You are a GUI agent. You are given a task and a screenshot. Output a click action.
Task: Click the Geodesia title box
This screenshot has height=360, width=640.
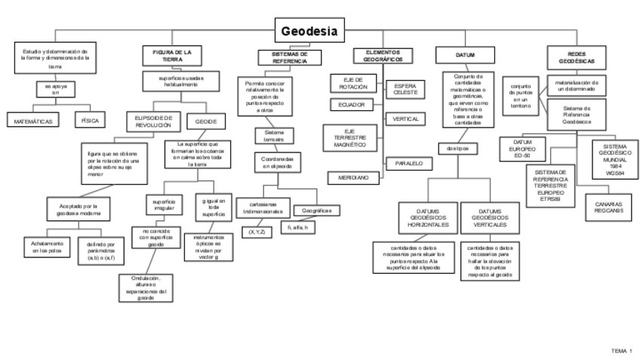pyautogui.click(x=309, y=31)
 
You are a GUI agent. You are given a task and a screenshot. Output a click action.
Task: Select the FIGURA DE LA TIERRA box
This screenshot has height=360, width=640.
pyautogui.click(x=172, y=56)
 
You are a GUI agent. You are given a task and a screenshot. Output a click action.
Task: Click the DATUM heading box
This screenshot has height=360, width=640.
pyautogui.click(x=466, y=55)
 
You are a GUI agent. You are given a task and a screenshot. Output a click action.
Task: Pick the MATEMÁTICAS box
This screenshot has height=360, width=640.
pyautogui.click(x=33, y=120)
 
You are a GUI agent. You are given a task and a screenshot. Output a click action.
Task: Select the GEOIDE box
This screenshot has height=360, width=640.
pyautogui.click(x=206, y=122)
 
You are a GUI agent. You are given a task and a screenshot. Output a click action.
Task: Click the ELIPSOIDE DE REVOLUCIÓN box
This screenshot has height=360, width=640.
pyautogui.click(x=153, y=121)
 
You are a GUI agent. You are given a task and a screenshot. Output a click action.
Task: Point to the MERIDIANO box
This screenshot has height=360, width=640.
pyautogui.click(x=352, y=177)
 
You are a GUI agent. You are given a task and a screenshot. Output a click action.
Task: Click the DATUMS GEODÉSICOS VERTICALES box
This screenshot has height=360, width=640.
pyautogui.click(x=488, y=217)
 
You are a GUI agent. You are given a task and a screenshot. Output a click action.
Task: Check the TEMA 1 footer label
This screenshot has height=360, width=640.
pyautogui.click(x=621, y=351)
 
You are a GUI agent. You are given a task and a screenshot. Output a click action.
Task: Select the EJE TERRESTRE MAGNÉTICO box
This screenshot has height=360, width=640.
pyautogui.click(x=349, y=138)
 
